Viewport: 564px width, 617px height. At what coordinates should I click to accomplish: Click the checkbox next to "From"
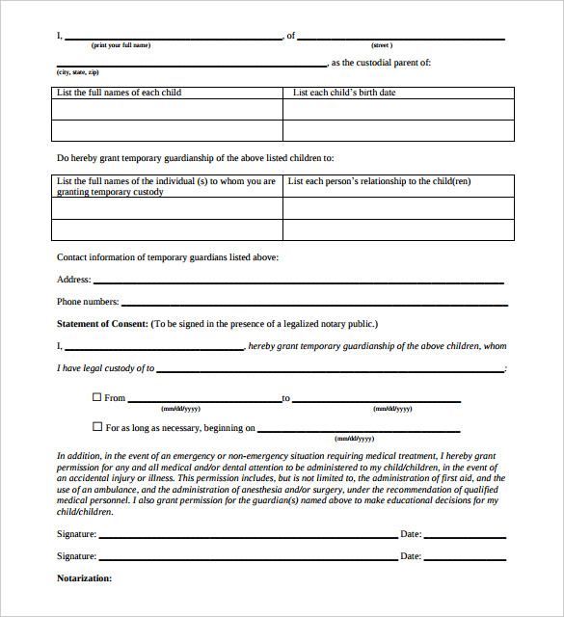[x=96, y=397]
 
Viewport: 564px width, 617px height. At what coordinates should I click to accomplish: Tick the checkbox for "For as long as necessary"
[x=96, y=426]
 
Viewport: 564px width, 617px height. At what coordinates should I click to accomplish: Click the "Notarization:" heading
[x=85, y=578]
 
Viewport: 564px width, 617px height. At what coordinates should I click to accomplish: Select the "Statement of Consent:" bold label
[x=102, y=324]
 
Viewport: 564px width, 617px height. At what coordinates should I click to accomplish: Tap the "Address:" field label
[x=74, y=280]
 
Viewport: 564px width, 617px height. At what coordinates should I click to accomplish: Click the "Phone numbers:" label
[x=88, y=302]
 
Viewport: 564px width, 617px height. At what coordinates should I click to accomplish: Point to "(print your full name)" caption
[x=121, y=45]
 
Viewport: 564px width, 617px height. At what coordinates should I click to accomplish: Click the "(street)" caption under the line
[x=382, y=45]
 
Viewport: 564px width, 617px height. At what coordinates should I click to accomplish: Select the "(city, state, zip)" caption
[x=78, y=72]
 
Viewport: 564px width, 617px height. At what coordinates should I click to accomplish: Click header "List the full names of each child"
[x=120, y=93]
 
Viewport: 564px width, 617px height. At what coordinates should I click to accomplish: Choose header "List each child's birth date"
[x=344, y=93]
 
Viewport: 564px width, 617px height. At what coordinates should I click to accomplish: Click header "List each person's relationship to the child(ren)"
[x=380, y=181]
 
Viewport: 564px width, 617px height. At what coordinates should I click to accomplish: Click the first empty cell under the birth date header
[x=398, y=109]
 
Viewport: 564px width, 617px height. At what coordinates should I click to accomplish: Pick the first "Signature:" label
[x=76, y=533]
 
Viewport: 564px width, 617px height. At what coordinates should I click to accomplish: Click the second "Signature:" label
[x=76, y=556]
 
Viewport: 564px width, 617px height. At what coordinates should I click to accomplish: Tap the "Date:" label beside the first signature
[x=411, y=533]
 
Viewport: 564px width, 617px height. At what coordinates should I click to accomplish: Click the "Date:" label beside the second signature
[x=411, y=556]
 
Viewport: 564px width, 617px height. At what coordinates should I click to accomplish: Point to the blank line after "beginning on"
[x=359, y=430]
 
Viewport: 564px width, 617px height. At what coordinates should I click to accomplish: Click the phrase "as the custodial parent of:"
[x=381, y=63]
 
